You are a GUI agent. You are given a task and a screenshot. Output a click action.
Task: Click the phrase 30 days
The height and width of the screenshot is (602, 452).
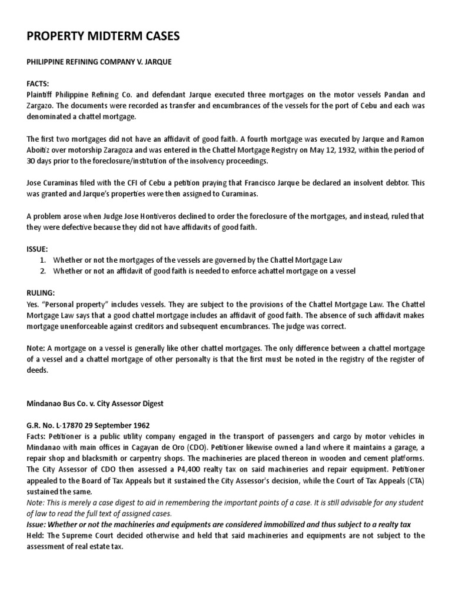[42, 160]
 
